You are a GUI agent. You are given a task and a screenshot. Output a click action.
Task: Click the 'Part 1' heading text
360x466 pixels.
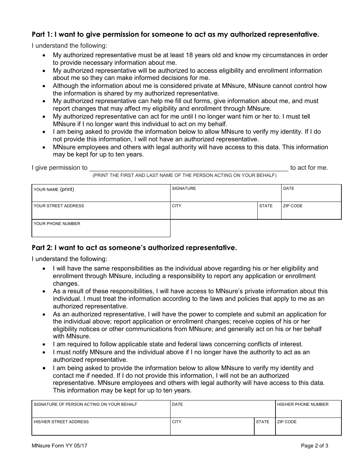(x=175, y=34)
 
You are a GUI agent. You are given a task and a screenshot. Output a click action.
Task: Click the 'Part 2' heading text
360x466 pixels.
(x=134, y=248)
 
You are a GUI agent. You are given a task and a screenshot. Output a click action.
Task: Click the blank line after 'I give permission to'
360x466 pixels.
(x=188, y=167)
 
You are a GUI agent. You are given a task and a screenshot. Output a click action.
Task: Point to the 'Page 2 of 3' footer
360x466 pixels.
(x=315, y=446)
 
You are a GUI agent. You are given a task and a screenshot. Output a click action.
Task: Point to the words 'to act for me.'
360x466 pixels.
(x=309, y=167)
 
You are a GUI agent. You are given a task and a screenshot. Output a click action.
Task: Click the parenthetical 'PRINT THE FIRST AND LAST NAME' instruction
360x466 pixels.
(x=185, y=175)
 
